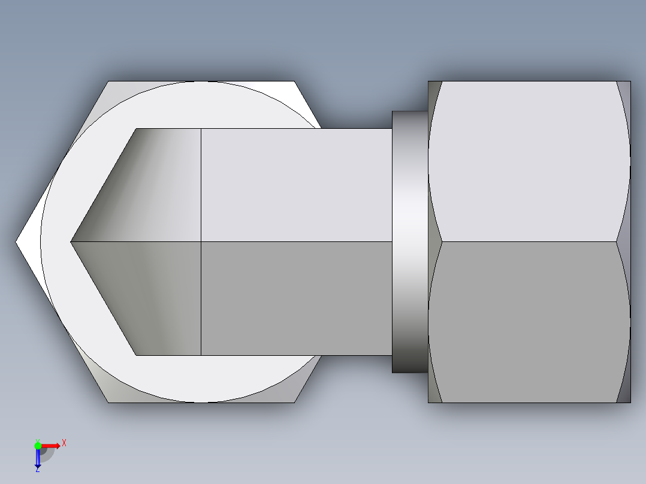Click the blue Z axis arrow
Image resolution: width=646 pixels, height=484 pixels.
[x=38, y=458]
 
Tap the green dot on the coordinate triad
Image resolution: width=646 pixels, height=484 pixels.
[x=38, y=445]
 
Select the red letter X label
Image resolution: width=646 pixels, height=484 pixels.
[x=64, y=443]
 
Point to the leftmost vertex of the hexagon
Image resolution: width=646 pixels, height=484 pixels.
[x=16, y=242]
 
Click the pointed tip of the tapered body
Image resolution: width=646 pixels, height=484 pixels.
[x=71, y=242]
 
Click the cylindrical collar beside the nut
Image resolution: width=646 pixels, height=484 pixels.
[x=410, y=242]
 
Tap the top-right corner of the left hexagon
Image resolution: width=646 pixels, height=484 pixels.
[x=294, y=81]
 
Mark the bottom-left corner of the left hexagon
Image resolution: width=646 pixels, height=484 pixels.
[x=108, y=402]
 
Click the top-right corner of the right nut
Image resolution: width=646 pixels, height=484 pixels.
[x=630, y=81]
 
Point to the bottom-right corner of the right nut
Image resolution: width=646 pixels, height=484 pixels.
[x=630, y=402]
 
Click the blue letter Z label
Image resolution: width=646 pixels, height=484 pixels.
[x=37, y=470]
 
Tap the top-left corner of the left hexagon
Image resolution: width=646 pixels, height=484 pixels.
[x=108, y=81]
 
